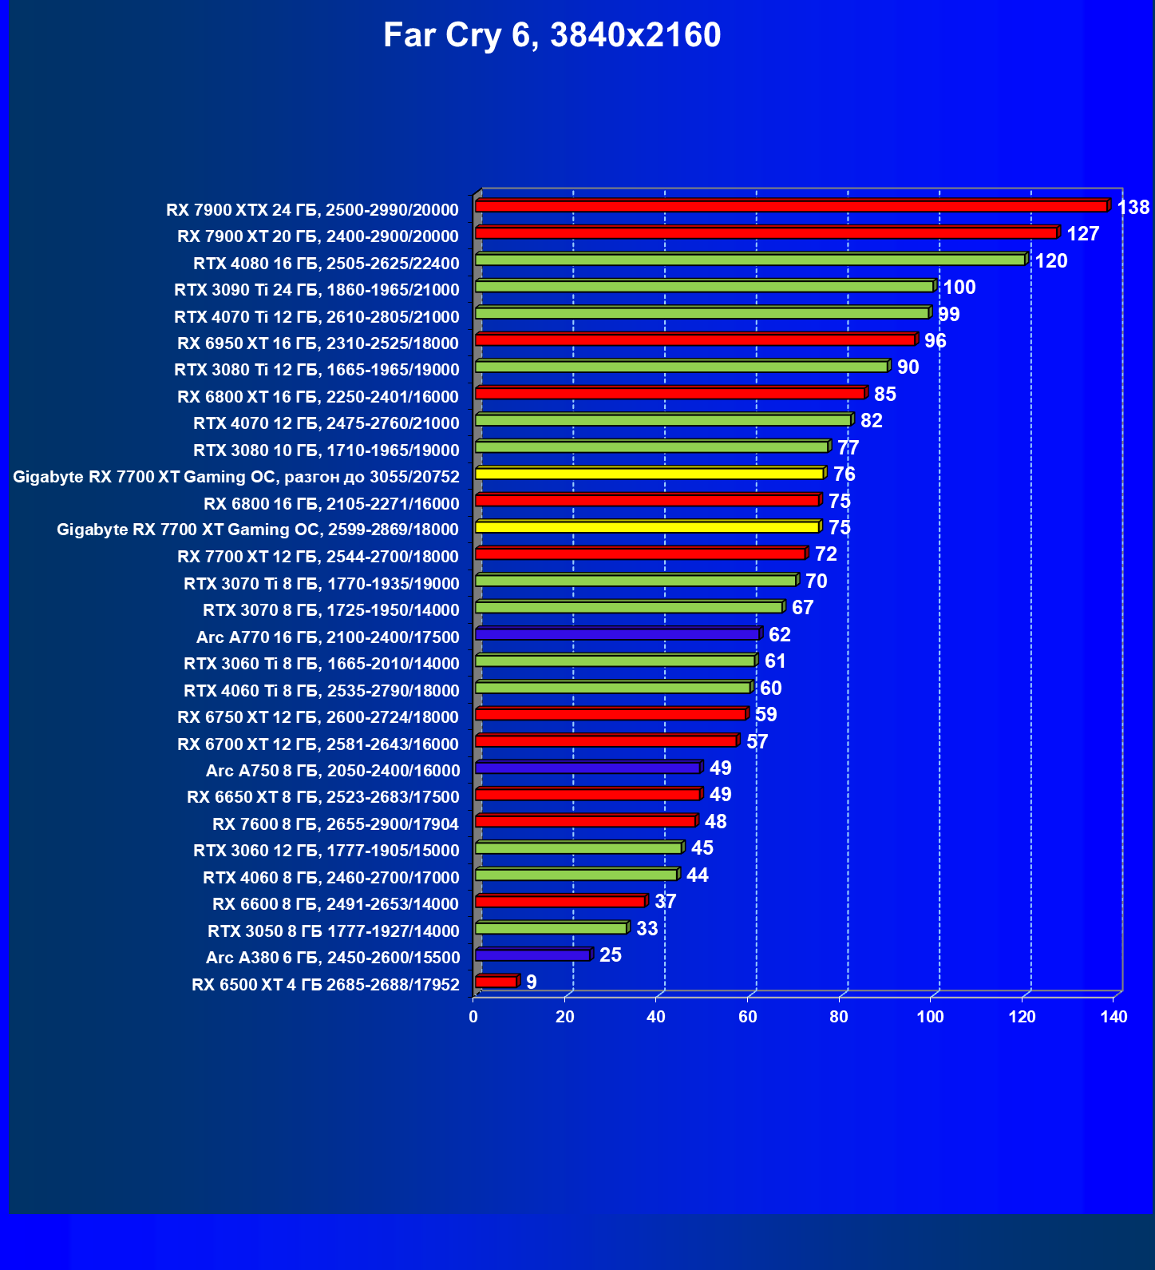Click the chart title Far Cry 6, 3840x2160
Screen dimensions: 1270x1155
[x=552, y=35]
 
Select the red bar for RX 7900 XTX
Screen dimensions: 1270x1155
[x=790, y=206]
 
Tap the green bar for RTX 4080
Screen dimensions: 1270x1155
[x=750, y=260]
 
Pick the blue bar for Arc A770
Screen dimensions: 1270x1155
[x=617, y=634]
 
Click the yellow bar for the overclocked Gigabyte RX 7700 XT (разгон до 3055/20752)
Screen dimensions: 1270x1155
[x=649, y=474]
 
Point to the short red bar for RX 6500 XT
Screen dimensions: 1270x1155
[x=496, y=982]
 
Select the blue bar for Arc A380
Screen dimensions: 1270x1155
[x=532, y=954]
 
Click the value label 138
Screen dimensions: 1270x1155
[x=1133, y=208]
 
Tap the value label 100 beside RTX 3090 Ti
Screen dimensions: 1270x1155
[x=959, y=288]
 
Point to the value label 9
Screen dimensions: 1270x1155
[x=532, y=982]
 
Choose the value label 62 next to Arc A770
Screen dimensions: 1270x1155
[x=779, y=635]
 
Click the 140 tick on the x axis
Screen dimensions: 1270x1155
[x=1113, y=1017]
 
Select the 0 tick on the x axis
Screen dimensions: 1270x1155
[x=473, y=1017]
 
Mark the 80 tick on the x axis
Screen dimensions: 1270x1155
[x=839, y=1017]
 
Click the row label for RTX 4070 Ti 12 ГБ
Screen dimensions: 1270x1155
[x=317, y=317]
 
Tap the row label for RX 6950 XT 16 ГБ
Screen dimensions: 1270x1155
[x=318, y=343]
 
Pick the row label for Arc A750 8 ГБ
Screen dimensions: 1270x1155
[x=333, y=771]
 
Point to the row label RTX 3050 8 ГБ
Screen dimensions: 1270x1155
[x=333, y=931]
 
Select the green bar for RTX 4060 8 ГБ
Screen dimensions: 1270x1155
[x=576, y=875]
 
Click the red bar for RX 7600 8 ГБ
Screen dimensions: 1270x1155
[x=585, y=821]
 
